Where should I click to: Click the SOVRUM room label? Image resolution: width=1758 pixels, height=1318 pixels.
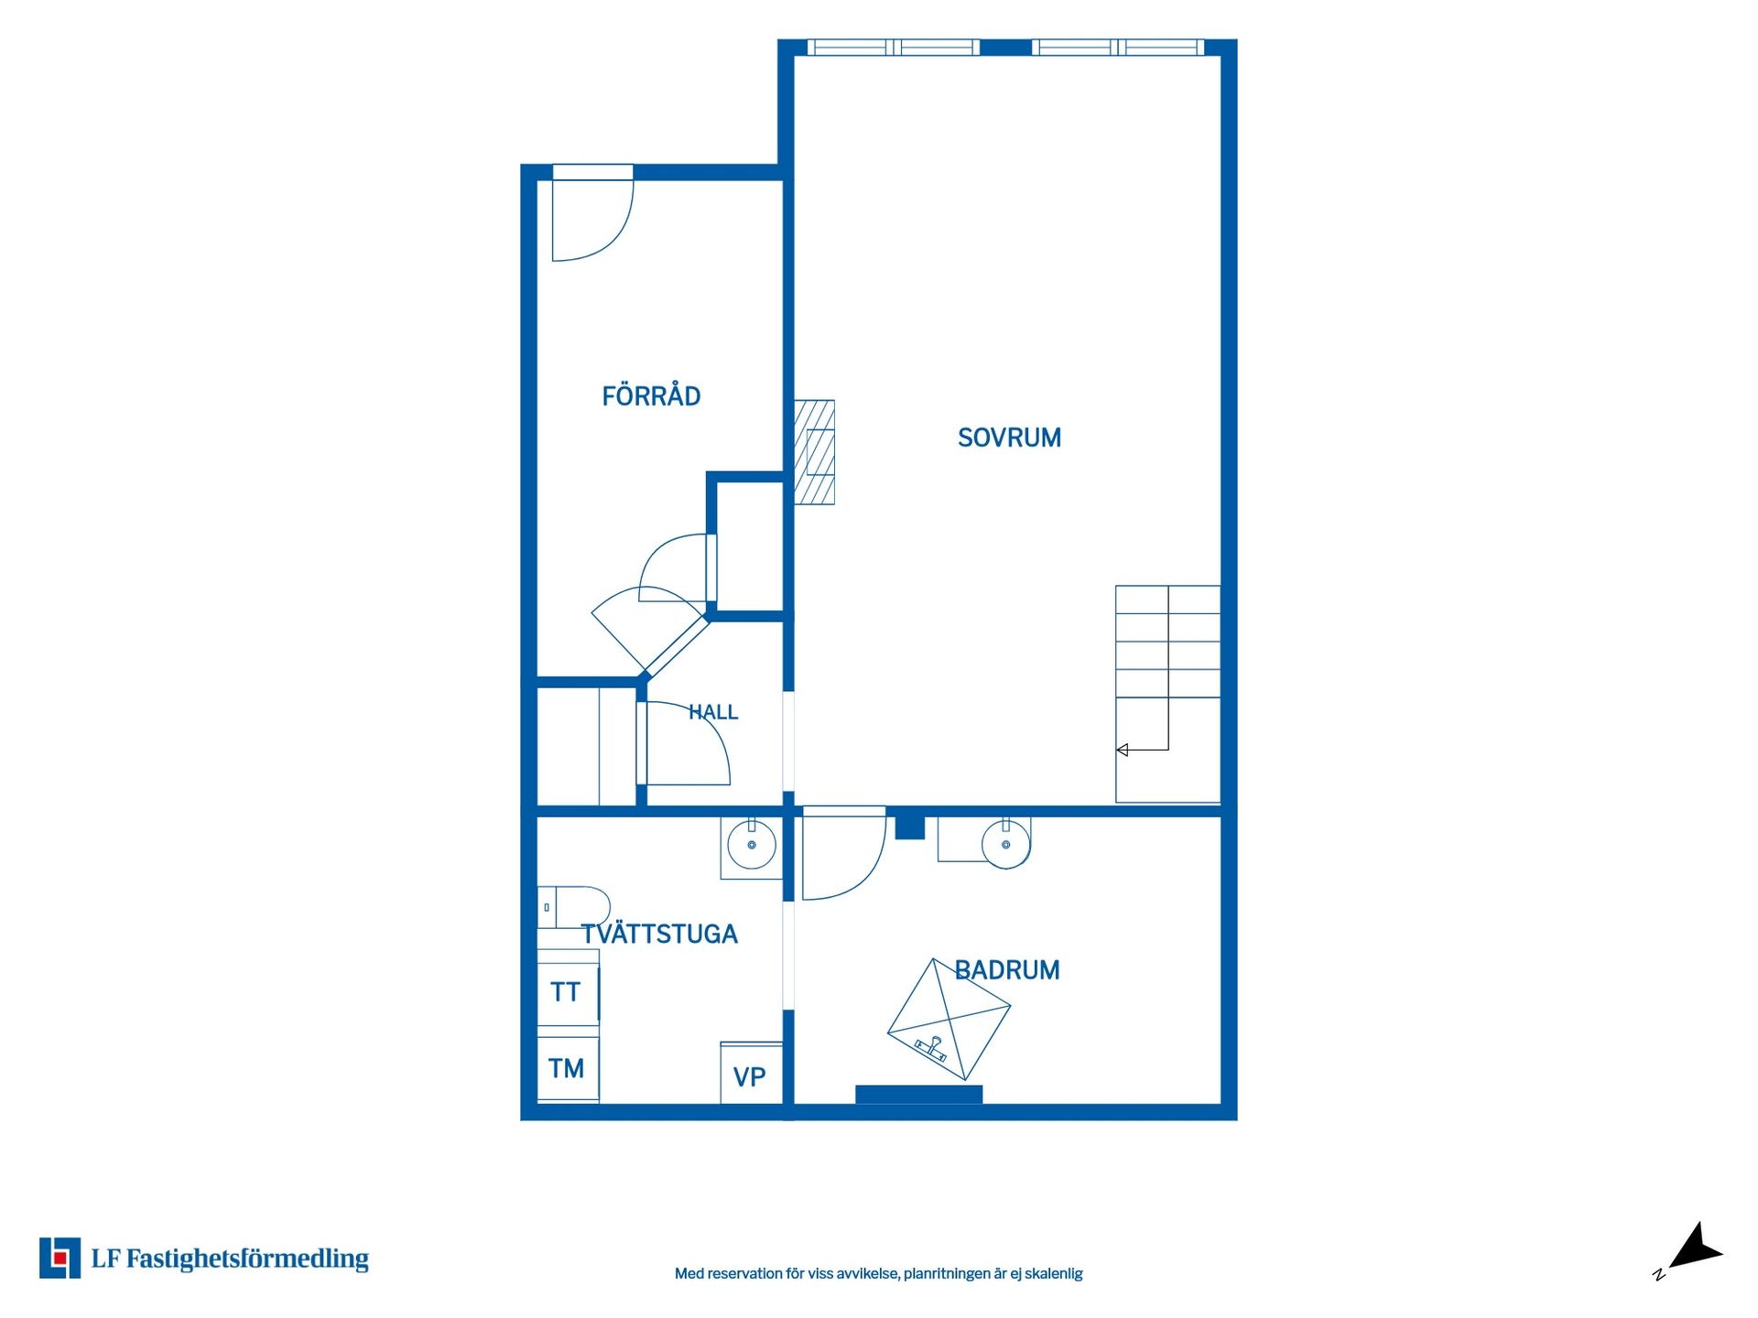coord(1009,438)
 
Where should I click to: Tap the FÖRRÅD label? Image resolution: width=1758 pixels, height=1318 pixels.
coord(651,395)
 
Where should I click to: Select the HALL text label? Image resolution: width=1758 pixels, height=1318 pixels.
coord(713,712)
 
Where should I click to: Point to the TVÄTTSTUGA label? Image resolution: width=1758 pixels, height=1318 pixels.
coord(659,934)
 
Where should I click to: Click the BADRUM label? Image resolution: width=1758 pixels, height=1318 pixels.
coord(1007,970)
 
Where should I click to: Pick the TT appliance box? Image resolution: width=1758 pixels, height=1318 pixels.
coord(568,991)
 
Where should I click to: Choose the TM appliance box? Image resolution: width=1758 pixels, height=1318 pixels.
coord(568,1068)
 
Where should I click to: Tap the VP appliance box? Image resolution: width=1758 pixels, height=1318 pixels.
coord(751,1073)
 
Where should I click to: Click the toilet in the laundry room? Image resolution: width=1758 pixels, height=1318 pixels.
coord(573,907)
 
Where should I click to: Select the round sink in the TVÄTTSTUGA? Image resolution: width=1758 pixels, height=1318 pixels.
coord(752,845)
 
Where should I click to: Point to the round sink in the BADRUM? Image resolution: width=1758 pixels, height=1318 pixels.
coord(1006,844)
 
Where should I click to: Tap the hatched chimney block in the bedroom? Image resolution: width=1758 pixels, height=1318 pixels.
coord(814,452)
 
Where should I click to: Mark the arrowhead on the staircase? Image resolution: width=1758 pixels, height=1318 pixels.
coord(1122,751)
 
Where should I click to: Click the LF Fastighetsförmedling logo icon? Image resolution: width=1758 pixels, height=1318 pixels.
coord(60,1258)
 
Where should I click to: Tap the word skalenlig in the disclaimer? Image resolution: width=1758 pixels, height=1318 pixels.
coord(1053,1273)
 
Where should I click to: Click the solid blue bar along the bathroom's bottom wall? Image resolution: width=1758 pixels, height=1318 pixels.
coord(918,1095)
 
